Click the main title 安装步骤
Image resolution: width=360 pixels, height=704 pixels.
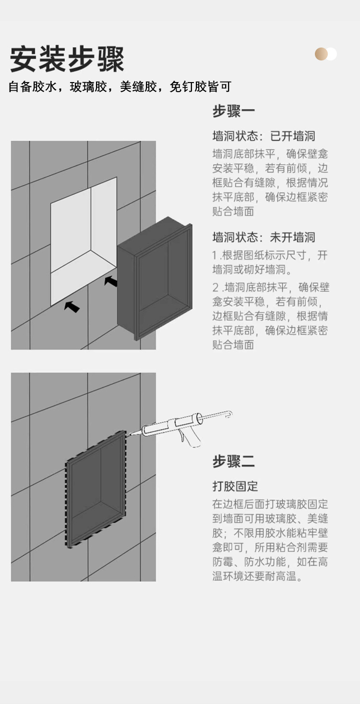67,59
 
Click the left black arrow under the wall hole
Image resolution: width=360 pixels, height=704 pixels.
72,306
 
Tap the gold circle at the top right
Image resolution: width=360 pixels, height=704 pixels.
321,54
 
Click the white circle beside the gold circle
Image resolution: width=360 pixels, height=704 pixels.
332,54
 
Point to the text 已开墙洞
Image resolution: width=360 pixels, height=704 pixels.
292,136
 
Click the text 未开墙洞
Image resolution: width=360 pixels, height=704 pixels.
292,237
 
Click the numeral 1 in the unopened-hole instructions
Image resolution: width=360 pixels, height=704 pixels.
215,255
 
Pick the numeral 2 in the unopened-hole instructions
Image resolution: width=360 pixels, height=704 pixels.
216,288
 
